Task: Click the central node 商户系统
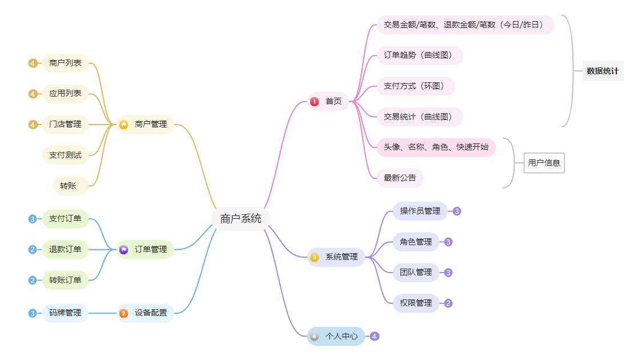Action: (240, 218)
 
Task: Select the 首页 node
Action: (328, 102)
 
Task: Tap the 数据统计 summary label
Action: (603, 71)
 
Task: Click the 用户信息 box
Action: (544, 163)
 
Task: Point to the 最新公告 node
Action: (400, 178)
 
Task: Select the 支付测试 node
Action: (65, 155)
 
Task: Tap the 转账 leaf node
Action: (68, 186)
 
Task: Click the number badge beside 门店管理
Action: (33, 124)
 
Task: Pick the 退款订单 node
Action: (65, 249)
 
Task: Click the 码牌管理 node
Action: (65, 313)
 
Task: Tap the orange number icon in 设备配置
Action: (123, 313)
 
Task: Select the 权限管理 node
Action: (416, 303)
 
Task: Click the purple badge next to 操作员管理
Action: (456, 211)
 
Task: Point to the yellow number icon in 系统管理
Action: (314, 257)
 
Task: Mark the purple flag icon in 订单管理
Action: (123, 249)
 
